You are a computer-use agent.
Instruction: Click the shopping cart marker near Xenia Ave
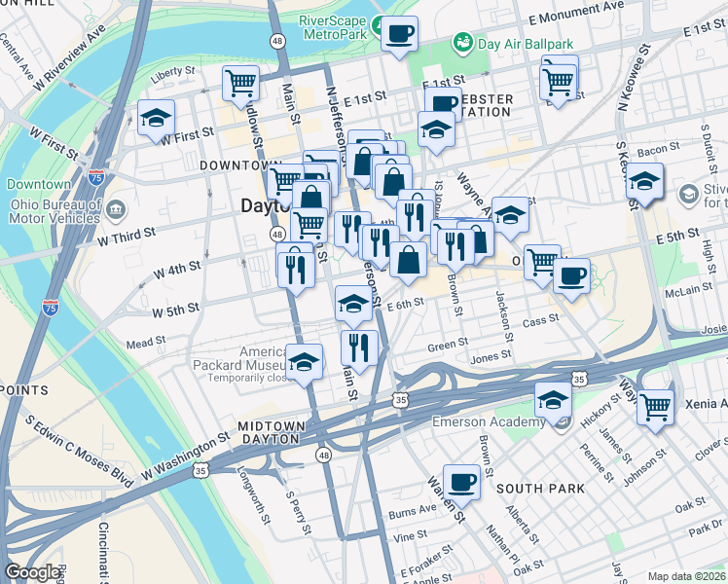(655, 405)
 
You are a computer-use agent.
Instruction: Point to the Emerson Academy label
(489, 421)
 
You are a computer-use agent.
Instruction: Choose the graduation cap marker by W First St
(156, 119)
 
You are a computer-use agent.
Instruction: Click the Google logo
(32, 572)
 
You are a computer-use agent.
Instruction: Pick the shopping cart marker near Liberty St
(239, 82)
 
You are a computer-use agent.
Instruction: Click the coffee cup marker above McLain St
(571, 274)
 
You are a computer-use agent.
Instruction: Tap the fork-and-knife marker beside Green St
(359, 347)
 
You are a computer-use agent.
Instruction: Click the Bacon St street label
(659, 149)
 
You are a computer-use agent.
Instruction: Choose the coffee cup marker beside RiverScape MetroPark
(399, 34)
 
